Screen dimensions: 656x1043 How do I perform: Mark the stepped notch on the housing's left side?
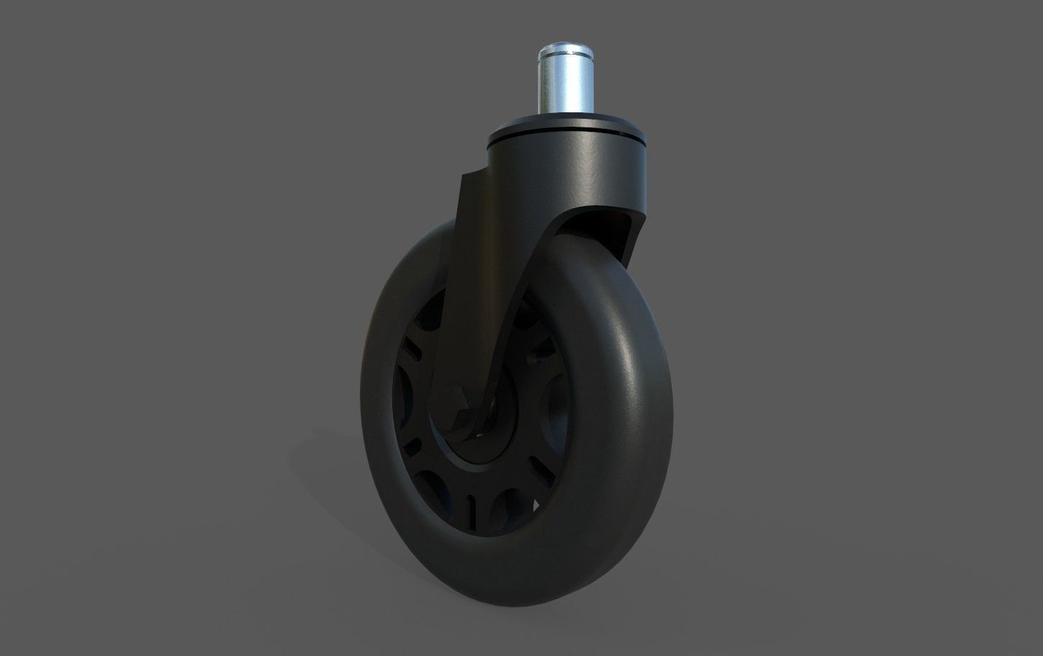[468, 180]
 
